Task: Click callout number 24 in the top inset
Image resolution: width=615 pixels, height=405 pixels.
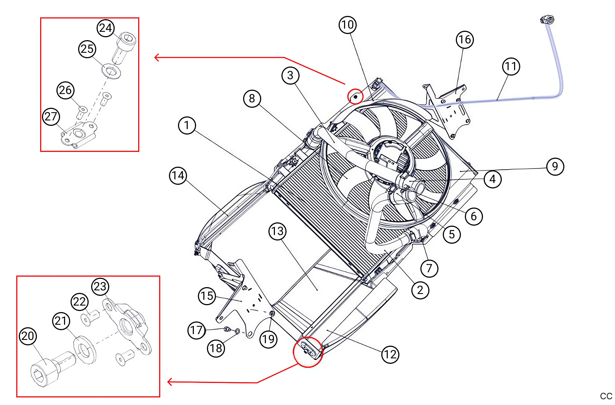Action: tap(106, 28)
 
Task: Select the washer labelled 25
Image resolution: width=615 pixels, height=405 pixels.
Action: tap(111, 71)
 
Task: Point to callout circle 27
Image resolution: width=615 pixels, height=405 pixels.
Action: tap(51, 116)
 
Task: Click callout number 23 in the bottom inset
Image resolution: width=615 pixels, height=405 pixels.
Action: tap(100, 286)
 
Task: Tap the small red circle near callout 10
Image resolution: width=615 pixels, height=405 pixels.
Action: tap(355, 97)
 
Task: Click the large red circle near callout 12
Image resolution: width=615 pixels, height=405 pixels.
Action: tap(307, 352)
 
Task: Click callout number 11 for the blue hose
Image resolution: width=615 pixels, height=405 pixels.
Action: tap(511, 66)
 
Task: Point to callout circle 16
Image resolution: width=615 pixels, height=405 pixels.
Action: tap(465, 39)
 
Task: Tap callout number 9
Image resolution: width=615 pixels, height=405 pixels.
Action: tap(555, 166)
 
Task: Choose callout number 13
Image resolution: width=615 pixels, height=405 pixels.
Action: tap(277, 231)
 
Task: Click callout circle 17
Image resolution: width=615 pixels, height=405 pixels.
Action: tap(196, 330)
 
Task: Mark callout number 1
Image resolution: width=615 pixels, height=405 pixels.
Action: tap(187, 125)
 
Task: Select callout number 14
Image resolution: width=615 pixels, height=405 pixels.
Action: tap(178, 175)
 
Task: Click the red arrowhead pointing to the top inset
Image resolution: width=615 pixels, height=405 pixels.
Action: tap(157, 57)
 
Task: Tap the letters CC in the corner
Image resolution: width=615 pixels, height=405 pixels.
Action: tap(606, 396)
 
